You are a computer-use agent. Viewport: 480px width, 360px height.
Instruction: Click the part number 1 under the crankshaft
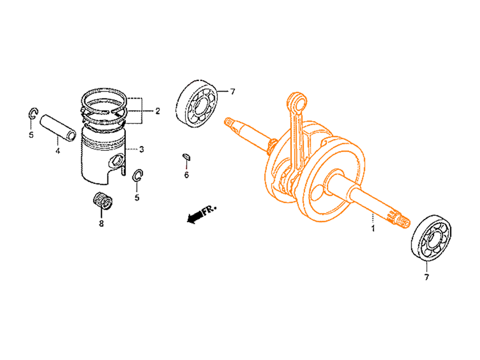point(373,228)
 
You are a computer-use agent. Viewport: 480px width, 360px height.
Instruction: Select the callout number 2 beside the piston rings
point(157,111)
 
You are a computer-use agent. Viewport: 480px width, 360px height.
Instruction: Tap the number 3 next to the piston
point(141,150)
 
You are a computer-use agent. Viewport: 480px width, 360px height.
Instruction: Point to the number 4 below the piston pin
point(58,150)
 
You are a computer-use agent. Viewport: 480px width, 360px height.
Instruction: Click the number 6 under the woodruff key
point(187,175)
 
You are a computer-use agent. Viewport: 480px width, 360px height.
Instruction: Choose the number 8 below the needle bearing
point(101,224)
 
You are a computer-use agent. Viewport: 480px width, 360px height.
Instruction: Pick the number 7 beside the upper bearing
point(232,91)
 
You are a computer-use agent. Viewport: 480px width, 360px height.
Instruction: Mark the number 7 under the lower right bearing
point(427,277)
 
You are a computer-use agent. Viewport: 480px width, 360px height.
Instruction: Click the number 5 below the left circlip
point(31,135)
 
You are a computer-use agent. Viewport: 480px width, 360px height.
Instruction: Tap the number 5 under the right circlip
point(137,197)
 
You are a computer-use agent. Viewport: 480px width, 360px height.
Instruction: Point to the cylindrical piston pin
point(58,127)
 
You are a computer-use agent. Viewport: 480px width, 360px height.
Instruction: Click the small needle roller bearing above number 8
point(103,201)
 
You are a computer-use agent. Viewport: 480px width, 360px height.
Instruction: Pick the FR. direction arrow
point(202,214)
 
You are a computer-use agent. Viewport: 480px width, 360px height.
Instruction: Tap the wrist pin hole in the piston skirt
point(117,160)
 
